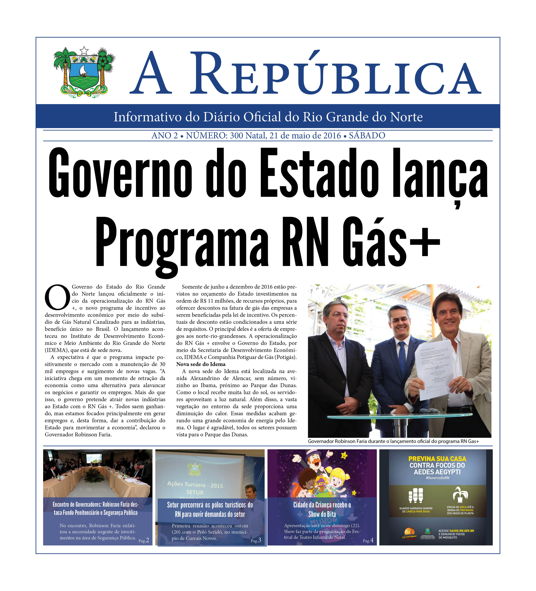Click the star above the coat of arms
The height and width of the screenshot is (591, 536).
click(x=84, y=50)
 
